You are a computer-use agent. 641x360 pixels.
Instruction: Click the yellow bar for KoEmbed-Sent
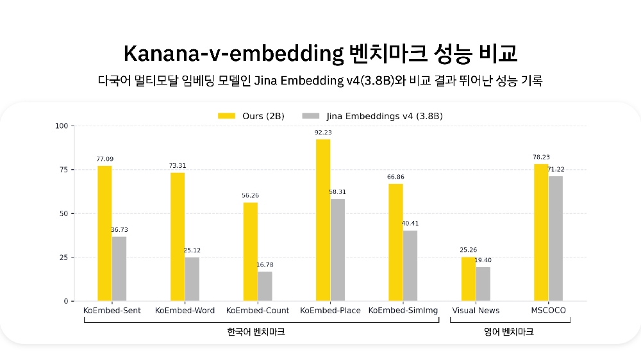[104, 233]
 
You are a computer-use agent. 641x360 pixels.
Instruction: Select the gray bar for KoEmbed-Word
[192, 279]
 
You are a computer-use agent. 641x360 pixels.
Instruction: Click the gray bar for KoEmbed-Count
[265, 286]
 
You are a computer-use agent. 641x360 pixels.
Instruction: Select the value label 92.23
[323, 133]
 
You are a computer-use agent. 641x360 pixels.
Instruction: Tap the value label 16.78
[265, 265]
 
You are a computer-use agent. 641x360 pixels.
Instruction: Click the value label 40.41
[410, 224]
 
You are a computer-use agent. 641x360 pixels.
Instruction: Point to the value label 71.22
[556, 169]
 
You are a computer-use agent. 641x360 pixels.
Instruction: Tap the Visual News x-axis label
[476, 311]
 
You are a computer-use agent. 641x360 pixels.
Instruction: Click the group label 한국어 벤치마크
[256, 332]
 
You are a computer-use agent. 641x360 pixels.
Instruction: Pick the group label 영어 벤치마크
[508, 332]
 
